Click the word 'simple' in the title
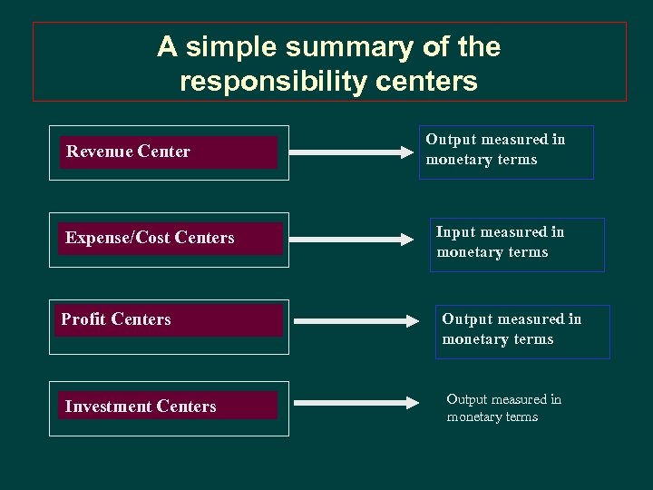pos(227,46)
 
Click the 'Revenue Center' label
pos(128,152)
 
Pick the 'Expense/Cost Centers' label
pos(150,238)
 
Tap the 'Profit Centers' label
pos(116,319)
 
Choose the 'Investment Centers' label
pos(141,407)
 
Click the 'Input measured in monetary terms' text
pos(501,242)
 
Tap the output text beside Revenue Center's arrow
pos(495,150)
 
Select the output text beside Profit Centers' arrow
pos(512,329)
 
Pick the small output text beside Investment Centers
pos(503,408)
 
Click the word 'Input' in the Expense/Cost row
pos(455,232)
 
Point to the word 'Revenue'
pos(98,152)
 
